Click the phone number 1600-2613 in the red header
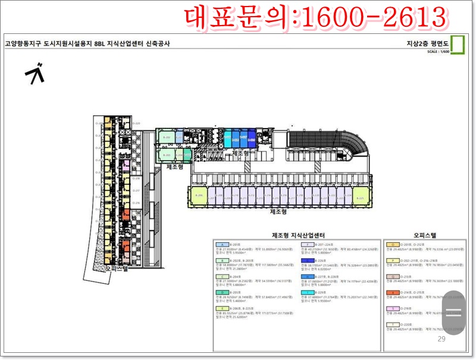[x=374, y=18]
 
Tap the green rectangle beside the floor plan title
[x=458, y=45]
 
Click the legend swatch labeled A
[x=221, y=245]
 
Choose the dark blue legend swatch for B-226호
[x=307, y=261]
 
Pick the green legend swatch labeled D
[x=221, y=293]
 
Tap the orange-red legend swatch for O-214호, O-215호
[x=393, y=293]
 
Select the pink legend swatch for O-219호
[x=393, y=309]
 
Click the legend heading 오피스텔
[x=425, y=236]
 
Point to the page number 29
[x=441, y=339]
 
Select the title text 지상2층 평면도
[x=426, y=43]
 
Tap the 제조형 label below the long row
[x=279, y=212]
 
